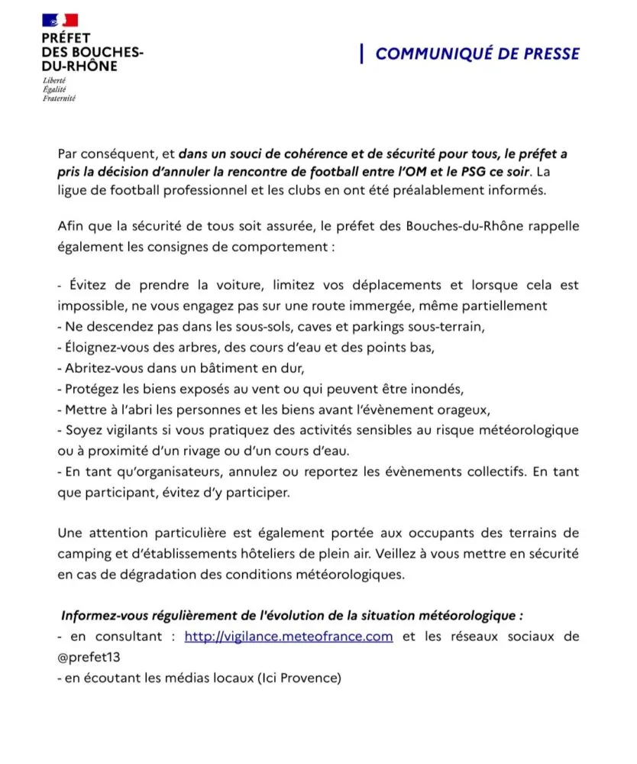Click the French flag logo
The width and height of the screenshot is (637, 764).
click(x=60, y=21)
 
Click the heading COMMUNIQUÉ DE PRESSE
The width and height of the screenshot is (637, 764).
click(x=477, y=53)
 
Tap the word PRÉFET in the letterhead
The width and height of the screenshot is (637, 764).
click(x=66, y=38)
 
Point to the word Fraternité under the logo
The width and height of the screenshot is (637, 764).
click(x=59, y=99)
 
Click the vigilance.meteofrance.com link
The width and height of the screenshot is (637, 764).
click(x=289, y=636)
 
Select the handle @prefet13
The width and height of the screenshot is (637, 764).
click(x=89, y=656)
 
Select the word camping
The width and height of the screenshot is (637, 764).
click(x=85, y=552)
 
